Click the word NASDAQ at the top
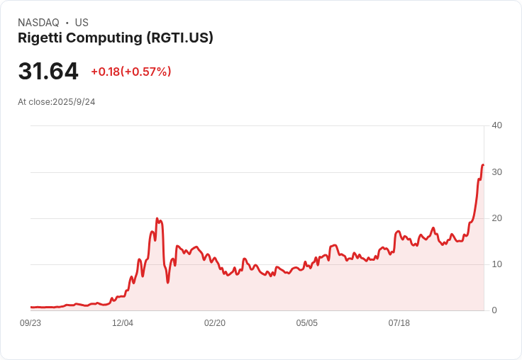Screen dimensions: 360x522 tap(38, 23)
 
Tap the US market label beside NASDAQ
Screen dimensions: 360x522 tap(82, 23)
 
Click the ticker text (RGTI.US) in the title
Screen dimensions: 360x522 tap(179, 38)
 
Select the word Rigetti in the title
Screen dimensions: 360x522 tap(41, 38)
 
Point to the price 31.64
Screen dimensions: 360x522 tap(48, 72)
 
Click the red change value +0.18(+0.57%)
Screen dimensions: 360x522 tap(131, 72)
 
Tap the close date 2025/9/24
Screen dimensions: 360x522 tap(74, 102)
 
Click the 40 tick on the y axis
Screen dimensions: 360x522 tap(496, 125)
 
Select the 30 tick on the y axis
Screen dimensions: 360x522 tap(496, 172)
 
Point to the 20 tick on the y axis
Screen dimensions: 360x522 tap(496, 218)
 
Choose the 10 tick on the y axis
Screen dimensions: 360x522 tap(496, 264)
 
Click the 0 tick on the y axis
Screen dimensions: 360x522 tap(494, 310)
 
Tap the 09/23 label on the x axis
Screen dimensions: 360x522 tap(30, 323)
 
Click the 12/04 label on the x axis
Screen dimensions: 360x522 tap(123, 323)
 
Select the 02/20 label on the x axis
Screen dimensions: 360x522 tap(215, 323)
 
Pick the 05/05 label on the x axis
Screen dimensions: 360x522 tap(307, 323)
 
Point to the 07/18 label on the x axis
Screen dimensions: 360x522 tap(399, 323)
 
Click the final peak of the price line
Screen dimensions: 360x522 tap(483, 165)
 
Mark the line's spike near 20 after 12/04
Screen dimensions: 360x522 tap(157, 219)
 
